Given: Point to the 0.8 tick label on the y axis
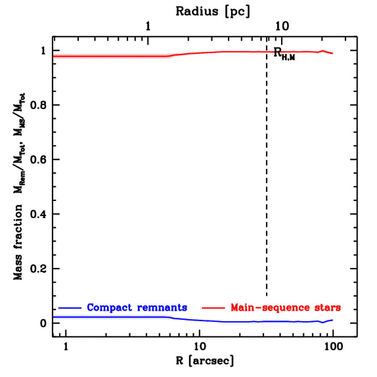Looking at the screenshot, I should point(38,105).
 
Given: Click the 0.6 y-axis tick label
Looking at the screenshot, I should point(38,160).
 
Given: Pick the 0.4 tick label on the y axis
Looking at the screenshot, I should point(38,214).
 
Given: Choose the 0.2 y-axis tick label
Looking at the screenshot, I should point(38,269).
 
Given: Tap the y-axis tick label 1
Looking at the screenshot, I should point(43,51).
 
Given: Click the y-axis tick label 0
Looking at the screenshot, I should point(43,323).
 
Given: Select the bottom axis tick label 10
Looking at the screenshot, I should point(200,347).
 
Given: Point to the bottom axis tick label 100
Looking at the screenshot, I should point(333,347).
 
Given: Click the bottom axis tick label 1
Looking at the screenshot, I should point(66,347).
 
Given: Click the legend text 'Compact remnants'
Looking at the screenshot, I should point(137,307).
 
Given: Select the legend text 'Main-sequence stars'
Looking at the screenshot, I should point(286,307).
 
